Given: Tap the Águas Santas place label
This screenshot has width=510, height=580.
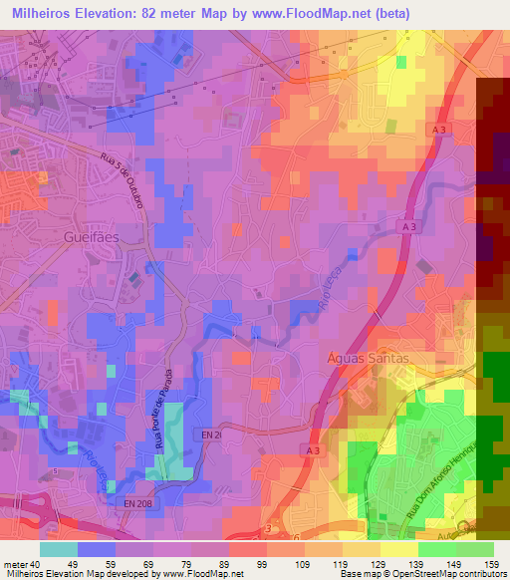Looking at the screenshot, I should coord(368,359).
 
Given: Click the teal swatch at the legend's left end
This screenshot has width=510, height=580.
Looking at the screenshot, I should coord(58,549).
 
